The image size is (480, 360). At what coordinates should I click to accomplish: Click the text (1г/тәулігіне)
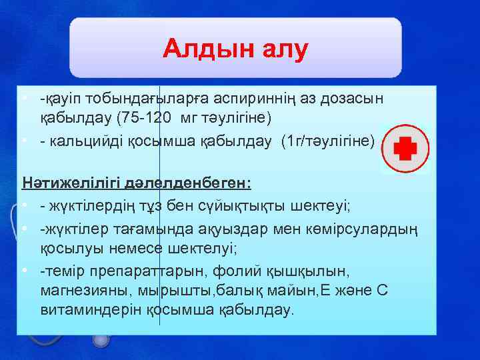pyautogui.click(x=329, y=141)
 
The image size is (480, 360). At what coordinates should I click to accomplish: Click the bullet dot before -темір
pyautogui.click(x=24, y=271)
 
